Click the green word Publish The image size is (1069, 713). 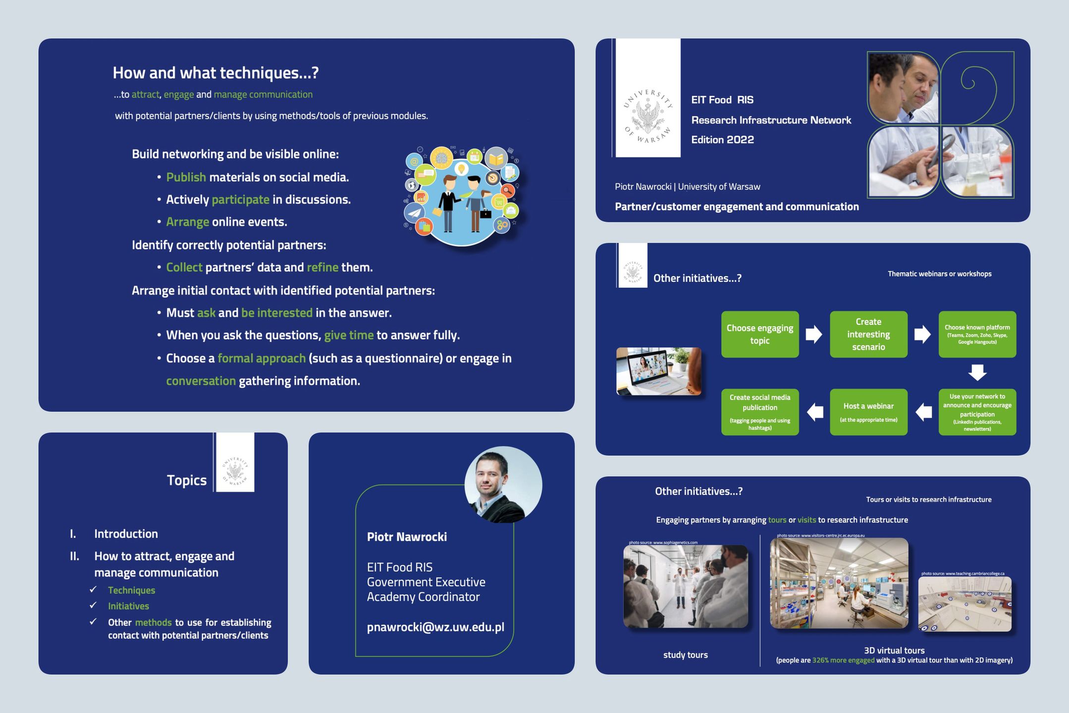pos(186,177)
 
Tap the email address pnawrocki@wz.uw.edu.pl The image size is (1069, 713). pos(435,627)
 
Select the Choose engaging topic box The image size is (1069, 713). pos(759,334)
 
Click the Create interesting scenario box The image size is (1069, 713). pos(868,334)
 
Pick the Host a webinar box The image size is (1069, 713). pos(868,412)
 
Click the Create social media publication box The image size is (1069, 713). pos(759,412)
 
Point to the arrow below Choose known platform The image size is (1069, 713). pos(977,372)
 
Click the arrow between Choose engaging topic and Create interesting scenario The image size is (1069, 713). pos(813,334)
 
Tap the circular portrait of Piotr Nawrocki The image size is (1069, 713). pos(503,485)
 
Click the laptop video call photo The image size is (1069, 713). pos(658,371)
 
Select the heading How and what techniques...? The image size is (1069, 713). pos(215,73)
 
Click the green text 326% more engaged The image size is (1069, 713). pos(843,660)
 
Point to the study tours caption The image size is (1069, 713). pos(685,655)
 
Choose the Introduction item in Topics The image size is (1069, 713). pos(126,534)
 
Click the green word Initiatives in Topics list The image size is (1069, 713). pos(128,606)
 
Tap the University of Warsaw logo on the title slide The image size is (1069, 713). pos(648,116)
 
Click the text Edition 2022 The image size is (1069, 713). pos(722,140)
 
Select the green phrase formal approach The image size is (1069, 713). pos(262,358)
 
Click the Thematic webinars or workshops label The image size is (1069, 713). pos(939,274)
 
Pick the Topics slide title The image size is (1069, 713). pos(186,480)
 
